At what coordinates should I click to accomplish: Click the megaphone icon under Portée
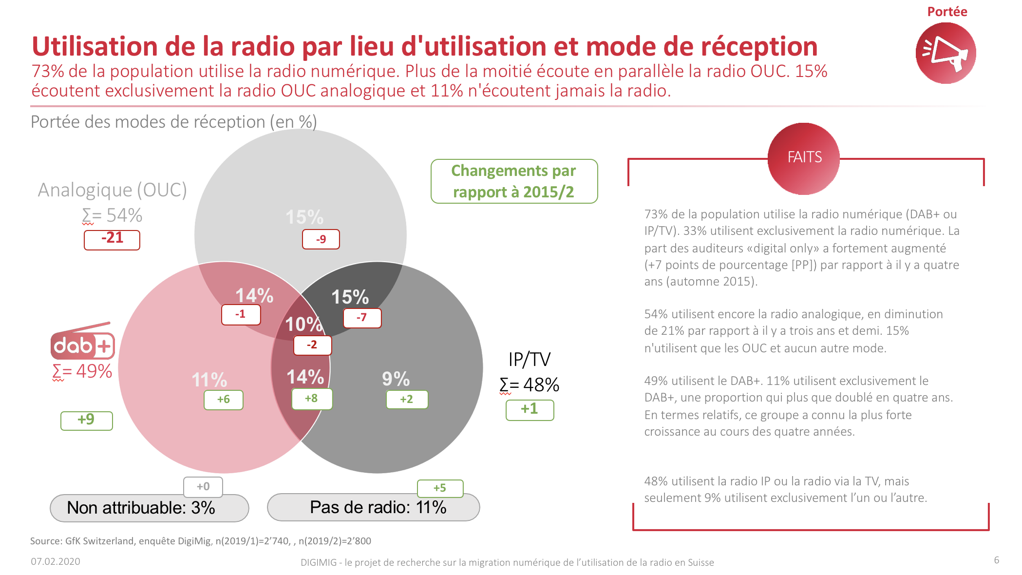point(946,53)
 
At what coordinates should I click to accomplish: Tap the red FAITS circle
point(804,158)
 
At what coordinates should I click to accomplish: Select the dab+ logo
point(83,343)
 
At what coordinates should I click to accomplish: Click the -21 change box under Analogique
point(112,239)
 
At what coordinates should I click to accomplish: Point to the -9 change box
point(321,239)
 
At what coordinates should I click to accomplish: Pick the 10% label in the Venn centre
point(303,325)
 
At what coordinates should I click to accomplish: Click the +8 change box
point(312,399)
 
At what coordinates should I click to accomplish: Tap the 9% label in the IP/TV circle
point(396,379)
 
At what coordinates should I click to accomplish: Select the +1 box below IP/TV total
point(530,409)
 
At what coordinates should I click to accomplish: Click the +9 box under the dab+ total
point(86,421)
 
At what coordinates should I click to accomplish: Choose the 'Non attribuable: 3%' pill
point(149,508)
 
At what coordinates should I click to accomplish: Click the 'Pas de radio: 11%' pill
point(373,508)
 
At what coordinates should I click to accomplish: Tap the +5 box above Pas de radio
point(440,488)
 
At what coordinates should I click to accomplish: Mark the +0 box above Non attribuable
point(203,486)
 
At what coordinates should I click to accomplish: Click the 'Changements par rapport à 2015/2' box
point(514,181)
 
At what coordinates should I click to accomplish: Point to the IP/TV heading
point(529,360)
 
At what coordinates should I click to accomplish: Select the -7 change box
point(362,318)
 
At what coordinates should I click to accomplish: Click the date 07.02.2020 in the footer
point(56,561)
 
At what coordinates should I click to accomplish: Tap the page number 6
point(996,560)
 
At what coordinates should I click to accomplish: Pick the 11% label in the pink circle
point(209,380)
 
